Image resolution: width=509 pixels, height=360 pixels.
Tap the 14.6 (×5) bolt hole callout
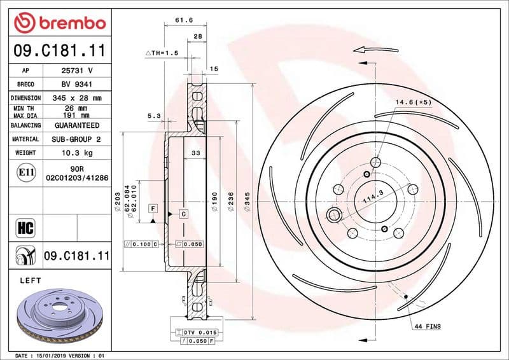point(413,102)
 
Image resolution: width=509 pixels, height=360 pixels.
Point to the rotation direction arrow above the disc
point(368,49)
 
